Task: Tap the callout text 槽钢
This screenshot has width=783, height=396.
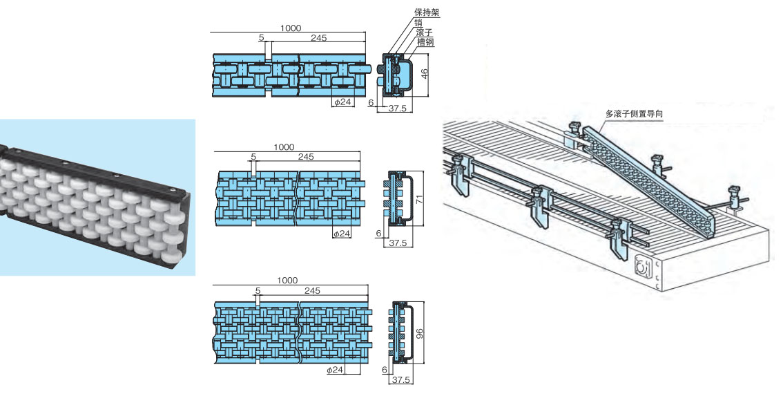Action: pyautogui.click(x=425, y=42)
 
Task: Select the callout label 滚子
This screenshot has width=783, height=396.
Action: pyautogui.click(x=425, y=32)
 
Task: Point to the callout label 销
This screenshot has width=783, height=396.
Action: pyautogui.click(x=418, y=22)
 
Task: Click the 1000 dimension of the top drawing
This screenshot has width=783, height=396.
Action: pyautogui.click(x=291, y=28)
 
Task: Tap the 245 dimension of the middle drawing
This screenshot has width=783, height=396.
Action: pyautogui.click(x=306, y=157)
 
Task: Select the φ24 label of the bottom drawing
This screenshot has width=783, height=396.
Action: pyautogui.click(x=335, y=370)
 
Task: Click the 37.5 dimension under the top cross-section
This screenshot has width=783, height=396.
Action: pyautogui.click(x=396, y=109)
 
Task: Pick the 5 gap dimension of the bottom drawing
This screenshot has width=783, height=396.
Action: pyautogui.click(x=258, y=291)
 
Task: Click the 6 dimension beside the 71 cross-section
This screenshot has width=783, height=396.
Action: pyautogui.click(x=379, y=234)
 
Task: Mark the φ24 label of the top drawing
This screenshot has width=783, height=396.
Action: pyautogui.click(x=342, y=103)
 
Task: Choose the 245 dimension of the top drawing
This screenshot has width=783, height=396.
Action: pyautogui.click(x=318, y=38)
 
